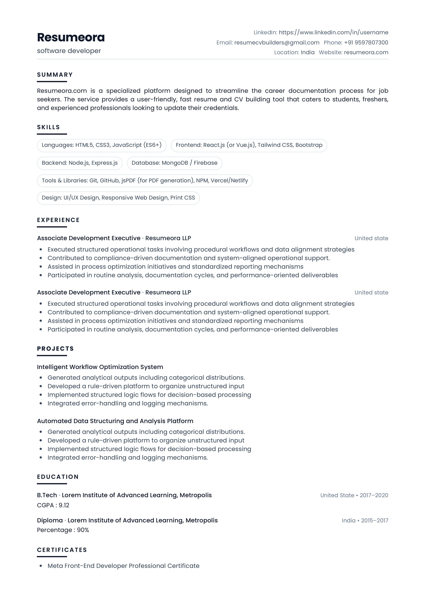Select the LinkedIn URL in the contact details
pos(333,33)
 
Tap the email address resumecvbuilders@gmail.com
pos(277,43)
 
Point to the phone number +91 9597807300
pos(366,43)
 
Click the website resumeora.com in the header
pos(366,52)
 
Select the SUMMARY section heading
pos(55,75)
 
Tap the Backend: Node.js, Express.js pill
pos(80,163)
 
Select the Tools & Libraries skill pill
pos(145,180)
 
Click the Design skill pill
pos(118,198)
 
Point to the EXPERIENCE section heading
pos(58,220)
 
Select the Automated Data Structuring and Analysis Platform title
pos(115,421)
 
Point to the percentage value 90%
pos(83,530)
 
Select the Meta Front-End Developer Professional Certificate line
pos(123,566)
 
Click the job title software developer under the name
pos(69,51)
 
